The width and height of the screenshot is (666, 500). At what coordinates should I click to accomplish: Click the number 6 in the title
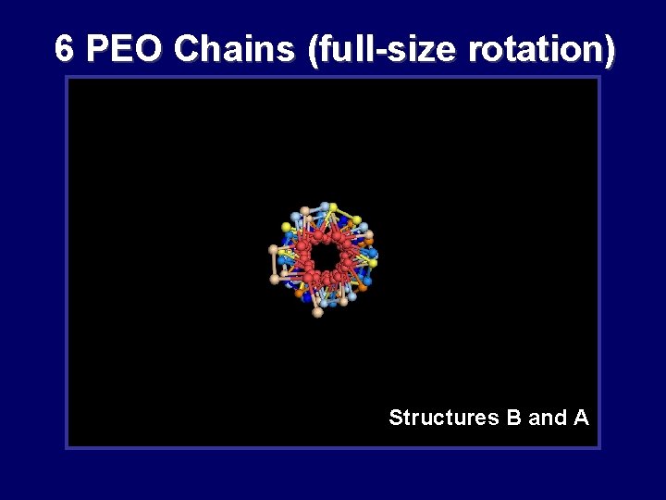[63, 49]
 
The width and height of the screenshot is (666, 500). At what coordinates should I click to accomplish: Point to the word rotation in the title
[534, 49]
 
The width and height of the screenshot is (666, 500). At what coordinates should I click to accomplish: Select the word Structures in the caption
[444, 418]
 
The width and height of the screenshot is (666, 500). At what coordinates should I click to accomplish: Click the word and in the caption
[548, 418]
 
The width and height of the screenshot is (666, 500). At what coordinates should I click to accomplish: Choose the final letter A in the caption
[581, 418]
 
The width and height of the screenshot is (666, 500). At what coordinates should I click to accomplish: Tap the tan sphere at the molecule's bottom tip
[318, 312]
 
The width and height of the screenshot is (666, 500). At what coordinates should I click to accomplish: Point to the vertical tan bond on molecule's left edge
[274, 264]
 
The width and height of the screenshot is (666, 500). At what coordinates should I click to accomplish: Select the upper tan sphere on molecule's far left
[273, 250]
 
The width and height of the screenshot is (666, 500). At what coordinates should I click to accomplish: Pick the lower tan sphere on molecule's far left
[275, 279]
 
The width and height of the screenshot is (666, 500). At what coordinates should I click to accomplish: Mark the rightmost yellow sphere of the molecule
[373, 263]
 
